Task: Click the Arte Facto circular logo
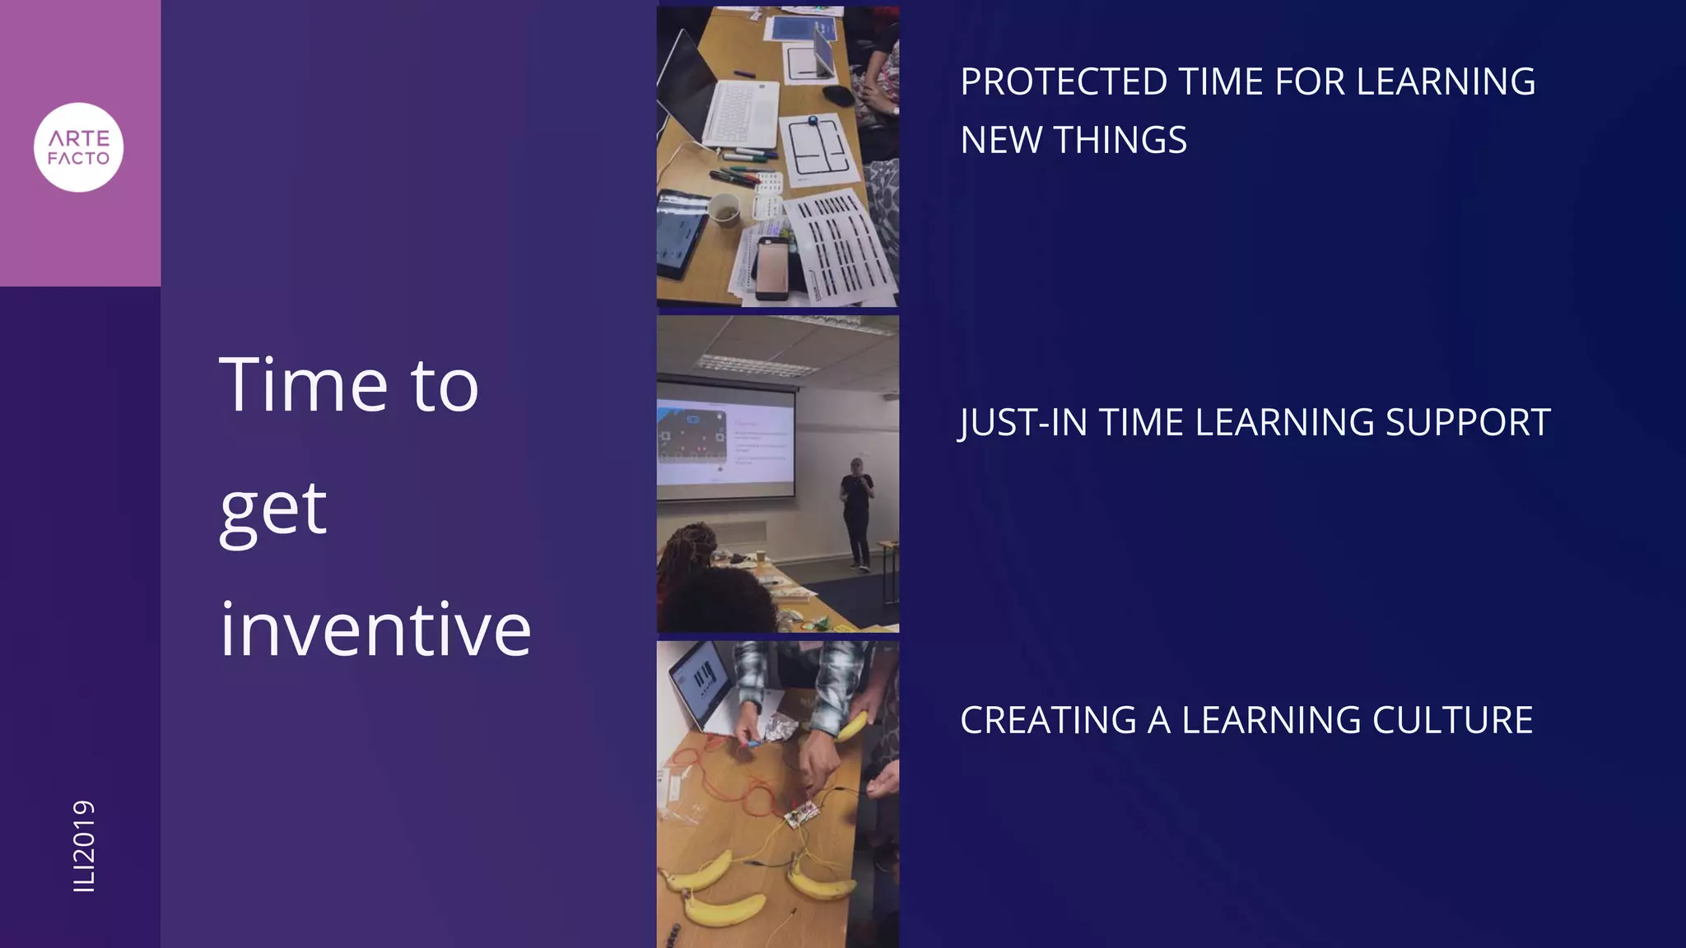click(78, 147)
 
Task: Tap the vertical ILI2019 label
click(84, 845)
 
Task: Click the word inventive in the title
click(375, 630)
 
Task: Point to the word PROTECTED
click(1064, 82)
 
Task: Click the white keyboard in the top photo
click(741, 115)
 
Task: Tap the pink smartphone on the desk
click(773, 267)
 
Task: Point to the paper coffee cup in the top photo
click(724, 211)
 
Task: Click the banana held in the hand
click(853, 726)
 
